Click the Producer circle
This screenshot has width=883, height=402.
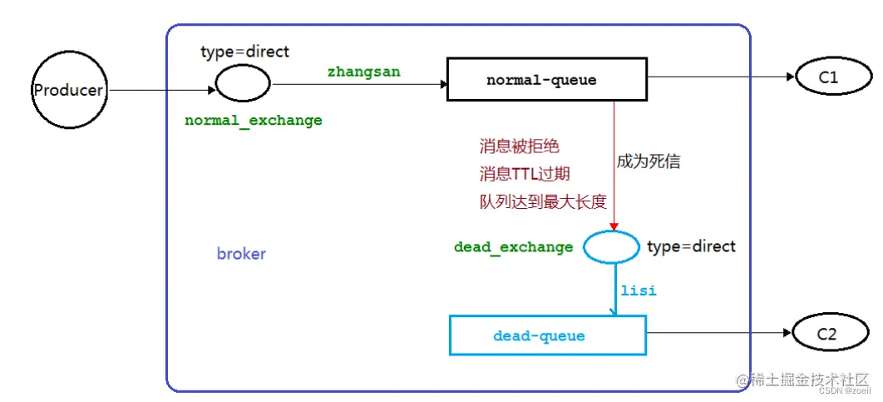(x=68, y=90)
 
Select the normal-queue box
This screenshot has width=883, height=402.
(x=546, y=80)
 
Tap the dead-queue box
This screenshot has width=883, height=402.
(x=548, y=335)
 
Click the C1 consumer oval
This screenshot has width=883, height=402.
(x=828, y=77)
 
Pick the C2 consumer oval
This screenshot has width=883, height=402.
(x=828, y=335)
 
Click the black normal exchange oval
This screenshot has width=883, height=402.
(x=243, y=83)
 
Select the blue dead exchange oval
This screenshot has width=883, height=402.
(x=610, y=246)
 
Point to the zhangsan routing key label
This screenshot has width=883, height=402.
(x=363, y=72)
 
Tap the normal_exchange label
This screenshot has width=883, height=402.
(x=254, y=121)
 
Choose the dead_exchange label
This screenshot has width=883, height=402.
(x=513, y=247)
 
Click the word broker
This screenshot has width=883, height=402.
(x=241, y=254)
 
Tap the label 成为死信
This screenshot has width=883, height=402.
(x=649, y=161)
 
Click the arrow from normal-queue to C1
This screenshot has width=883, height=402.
(x=719, y=77)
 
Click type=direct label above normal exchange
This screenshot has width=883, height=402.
(x=244, y=52)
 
